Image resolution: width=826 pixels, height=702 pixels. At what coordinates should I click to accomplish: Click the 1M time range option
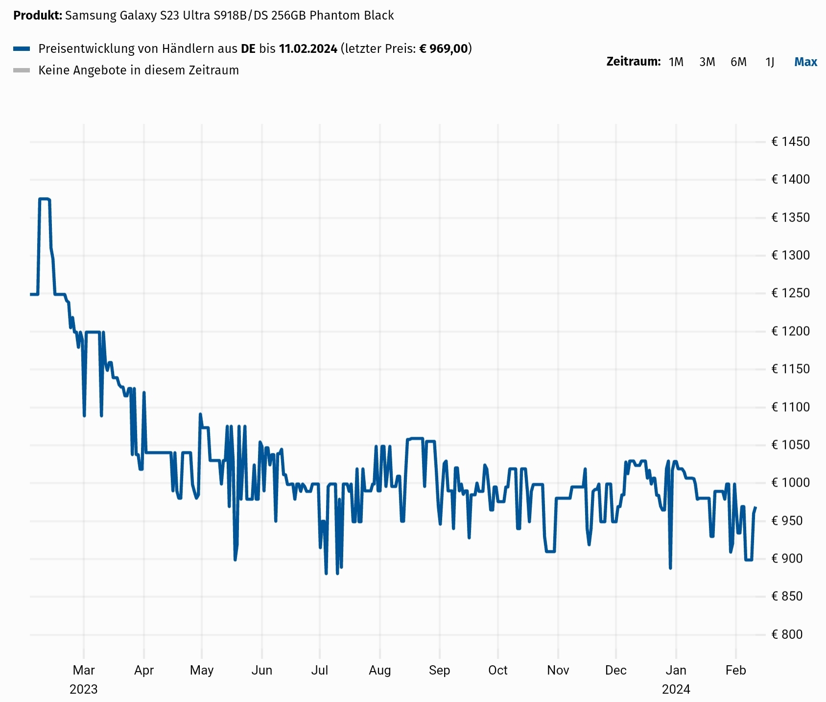[676, 62]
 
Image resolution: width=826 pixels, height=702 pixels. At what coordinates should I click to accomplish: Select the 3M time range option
[707, 62]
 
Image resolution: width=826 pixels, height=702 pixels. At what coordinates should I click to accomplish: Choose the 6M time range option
[738, 62]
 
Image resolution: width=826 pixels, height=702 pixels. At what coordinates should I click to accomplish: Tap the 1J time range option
[770, 62]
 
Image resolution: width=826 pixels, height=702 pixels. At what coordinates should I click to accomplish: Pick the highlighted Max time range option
[805, 62]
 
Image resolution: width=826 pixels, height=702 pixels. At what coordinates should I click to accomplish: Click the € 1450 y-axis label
[790, 142]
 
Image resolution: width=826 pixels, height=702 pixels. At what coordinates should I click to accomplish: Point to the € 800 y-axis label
[787, 634]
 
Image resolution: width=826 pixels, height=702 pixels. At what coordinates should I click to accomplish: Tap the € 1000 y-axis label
[790, 483]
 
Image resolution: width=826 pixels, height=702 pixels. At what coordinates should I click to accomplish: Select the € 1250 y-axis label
[790, 293]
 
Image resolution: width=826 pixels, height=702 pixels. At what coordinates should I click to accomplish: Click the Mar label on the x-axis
[84, 670]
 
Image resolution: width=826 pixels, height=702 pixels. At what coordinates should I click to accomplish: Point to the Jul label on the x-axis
[320, 670]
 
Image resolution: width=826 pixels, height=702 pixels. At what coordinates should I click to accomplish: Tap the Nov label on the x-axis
[558, 670]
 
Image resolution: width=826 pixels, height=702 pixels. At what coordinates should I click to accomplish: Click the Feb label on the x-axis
[735, 670]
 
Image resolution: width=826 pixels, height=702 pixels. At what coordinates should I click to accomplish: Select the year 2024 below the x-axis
[676, 689]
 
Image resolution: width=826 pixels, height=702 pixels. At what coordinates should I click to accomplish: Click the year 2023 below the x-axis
[84, 689]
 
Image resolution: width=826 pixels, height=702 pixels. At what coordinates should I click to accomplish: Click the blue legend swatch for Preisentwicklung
[22, 48]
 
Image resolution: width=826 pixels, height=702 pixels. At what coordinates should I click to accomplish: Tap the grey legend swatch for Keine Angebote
[22, 70]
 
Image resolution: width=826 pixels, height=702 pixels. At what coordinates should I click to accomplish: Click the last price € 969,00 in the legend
[444, 48]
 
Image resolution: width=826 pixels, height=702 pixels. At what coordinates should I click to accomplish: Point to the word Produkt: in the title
[38, 16]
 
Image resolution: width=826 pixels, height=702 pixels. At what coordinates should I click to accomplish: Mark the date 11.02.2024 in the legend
[308, 48]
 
